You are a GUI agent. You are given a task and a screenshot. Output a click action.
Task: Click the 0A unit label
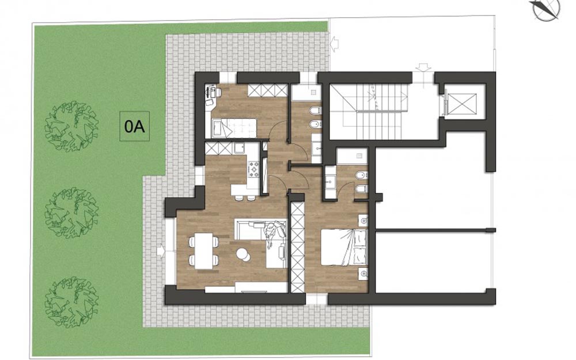click(134, 126)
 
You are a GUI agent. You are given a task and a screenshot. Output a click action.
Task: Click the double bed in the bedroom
click(344, 247)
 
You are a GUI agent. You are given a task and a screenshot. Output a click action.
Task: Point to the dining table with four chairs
click(203, 251)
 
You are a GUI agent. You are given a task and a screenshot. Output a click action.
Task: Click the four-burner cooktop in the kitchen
click(254, 169)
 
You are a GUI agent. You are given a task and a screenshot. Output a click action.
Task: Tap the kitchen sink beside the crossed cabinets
click(241, 149)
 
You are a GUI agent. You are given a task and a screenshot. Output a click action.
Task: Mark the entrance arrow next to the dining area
click(161, 251)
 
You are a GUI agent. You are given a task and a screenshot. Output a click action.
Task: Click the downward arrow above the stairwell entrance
click(423, 69)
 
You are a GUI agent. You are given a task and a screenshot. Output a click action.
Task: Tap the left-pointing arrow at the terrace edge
click(335, 44)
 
